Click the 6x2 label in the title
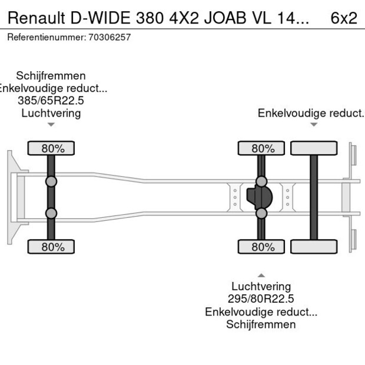coord(344,18)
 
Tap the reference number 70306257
coord(109,37)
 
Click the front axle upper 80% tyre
coord(51,148)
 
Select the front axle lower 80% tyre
coord(51,247)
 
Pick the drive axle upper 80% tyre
coord(262,148)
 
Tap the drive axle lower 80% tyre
coord(262,247)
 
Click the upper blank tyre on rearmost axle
coord(314,148)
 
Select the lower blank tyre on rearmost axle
coord(314,247)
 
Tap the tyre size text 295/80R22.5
coord(261,299)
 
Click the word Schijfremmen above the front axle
coord(51,76)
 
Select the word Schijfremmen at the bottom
coord(261,324)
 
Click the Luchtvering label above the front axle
coord(51,113)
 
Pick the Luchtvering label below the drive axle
coord(261,287)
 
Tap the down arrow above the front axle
coord(51,125)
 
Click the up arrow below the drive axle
coord(261,275)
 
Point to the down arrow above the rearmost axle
coord(314,125)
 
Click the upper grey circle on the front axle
coord(51,181)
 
